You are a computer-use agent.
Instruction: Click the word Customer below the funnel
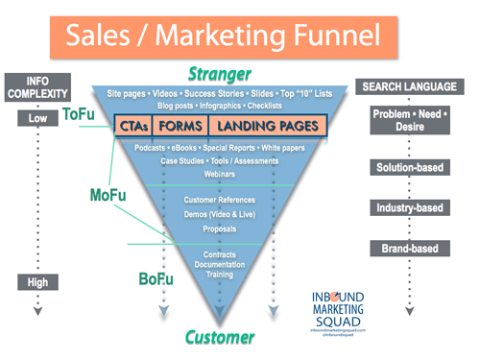tap(221, 337)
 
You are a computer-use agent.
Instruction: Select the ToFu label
tap(78, 114)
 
